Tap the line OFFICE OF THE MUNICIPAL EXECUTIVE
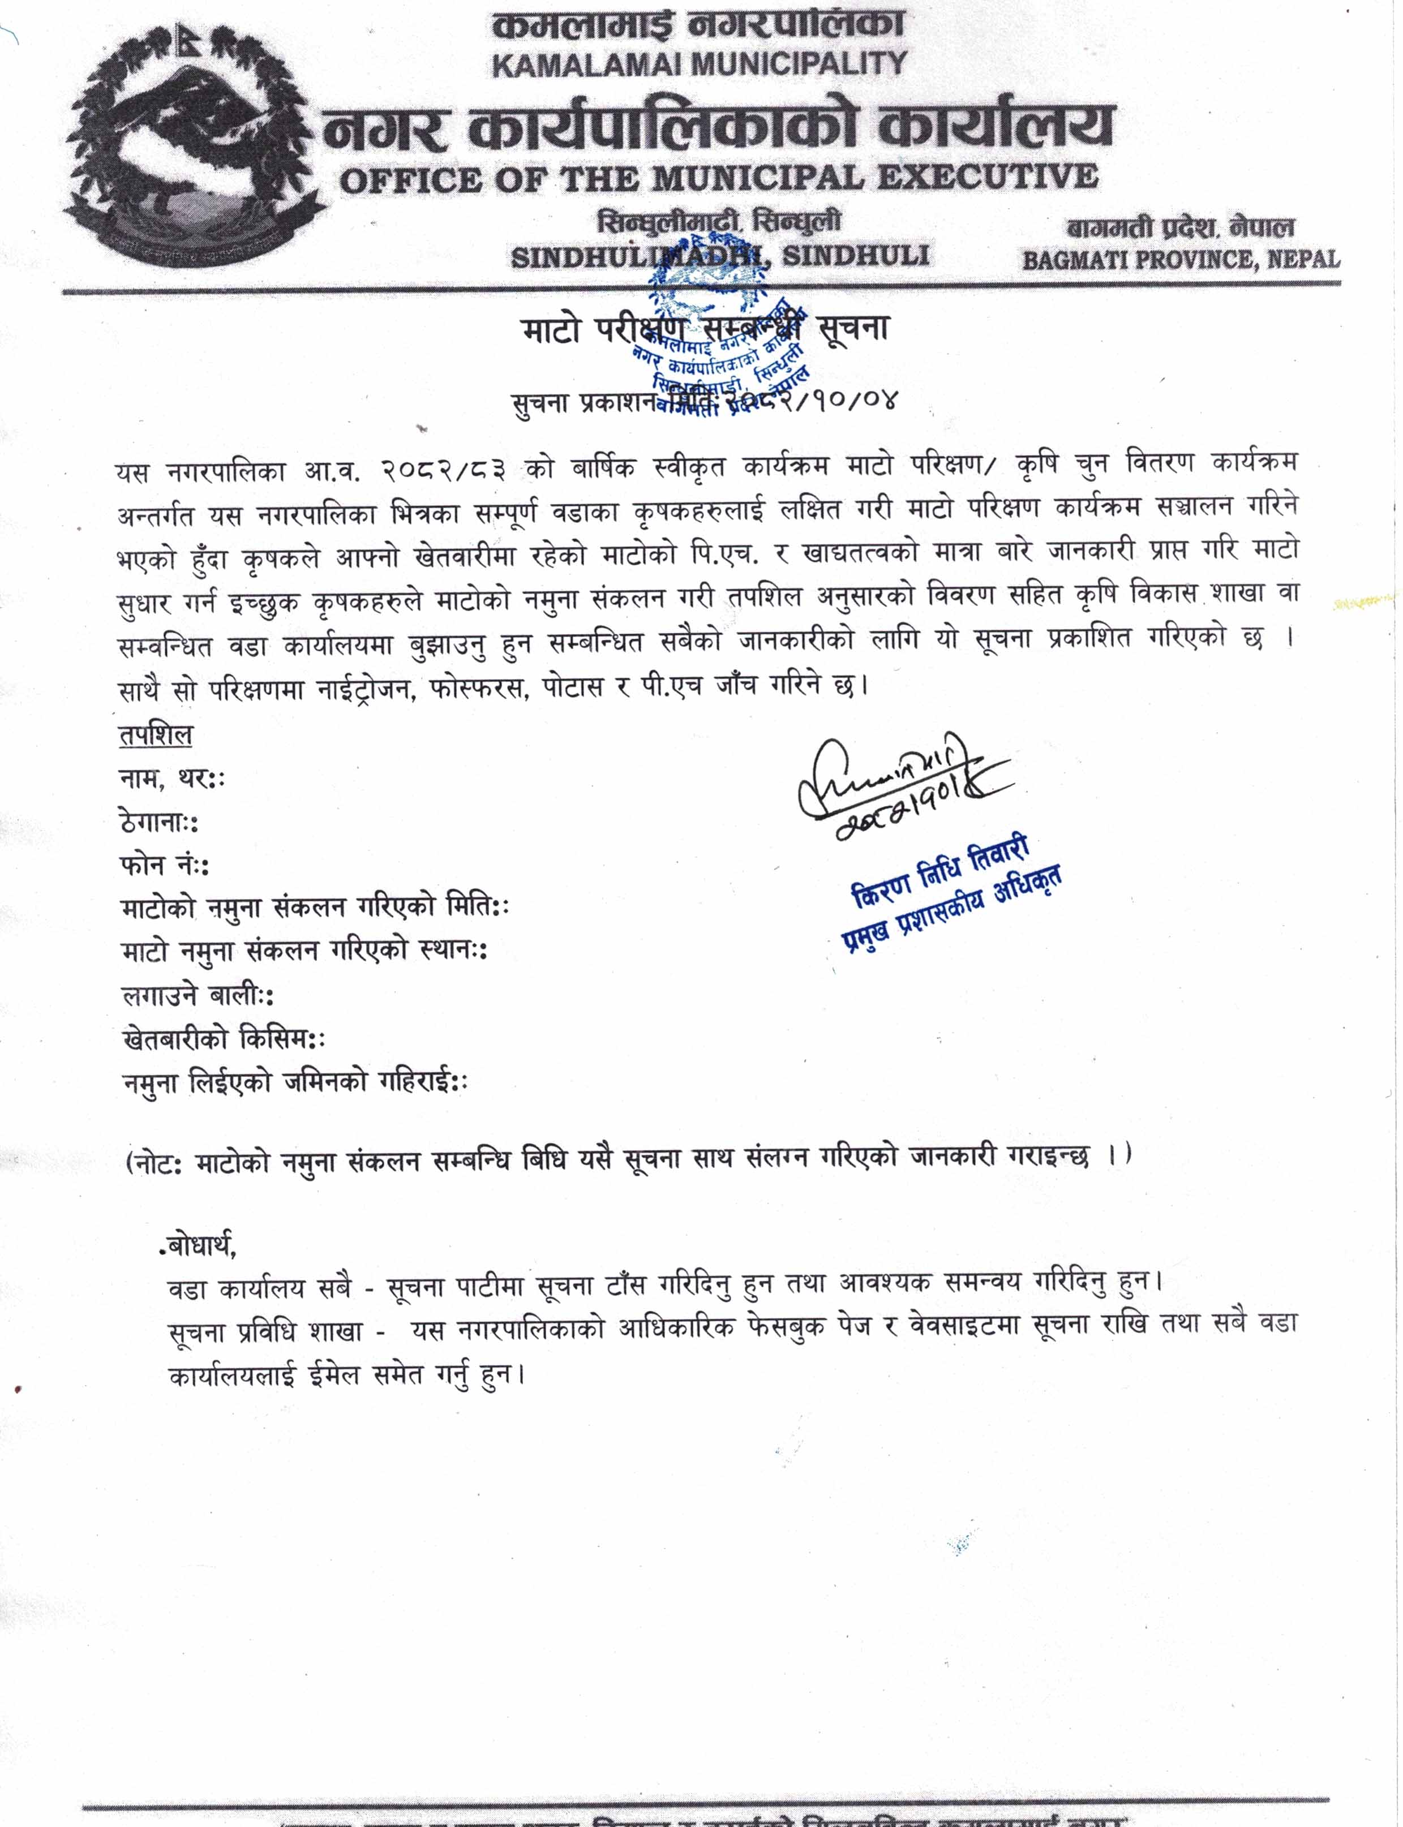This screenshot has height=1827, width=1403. point(718,178)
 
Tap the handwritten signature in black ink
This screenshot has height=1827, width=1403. point(902,781)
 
